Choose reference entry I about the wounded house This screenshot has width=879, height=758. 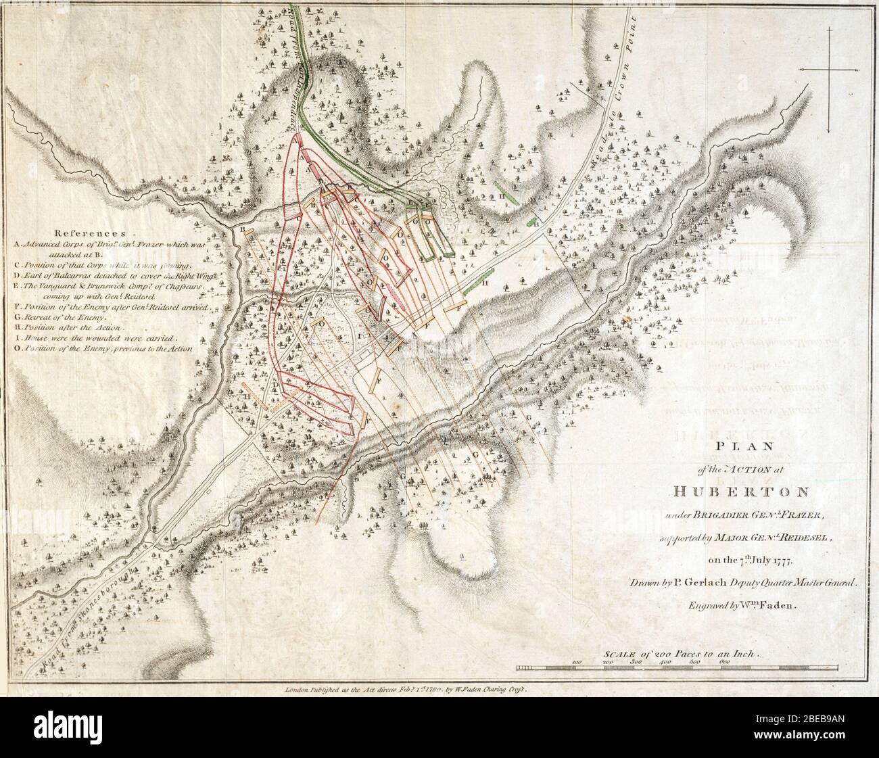pos(95,337)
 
